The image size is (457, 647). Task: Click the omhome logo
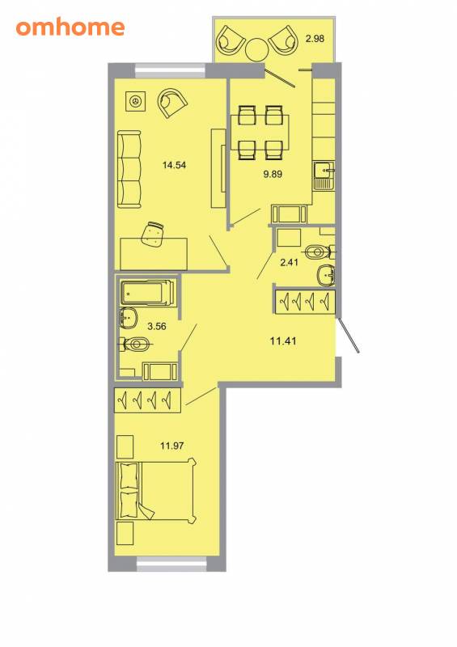70,27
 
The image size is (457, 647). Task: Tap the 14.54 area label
174,166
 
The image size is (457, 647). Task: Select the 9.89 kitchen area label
273,174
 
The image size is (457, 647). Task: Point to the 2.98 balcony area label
315,39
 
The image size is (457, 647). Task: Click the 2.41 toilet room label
289,262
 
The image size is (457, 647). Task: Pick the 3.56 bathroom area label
157,327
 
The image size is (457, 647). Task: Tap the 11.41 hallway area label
283,341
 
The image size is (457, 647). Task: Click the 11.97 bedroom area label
171,446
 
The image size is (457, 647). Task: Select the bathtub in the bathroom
146,293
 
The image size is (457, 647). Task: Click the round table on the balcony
257,49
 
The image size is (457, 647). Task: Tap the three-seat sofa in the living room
129,169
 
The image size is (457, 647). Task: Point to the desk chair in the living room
152,234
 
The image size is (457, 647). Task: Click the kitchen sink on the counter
324,175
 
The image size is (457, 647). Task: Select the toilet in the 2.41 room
321,252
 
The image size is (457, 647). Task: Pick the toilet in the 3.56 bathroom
134,344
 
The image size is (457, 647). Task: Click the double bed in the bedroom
156,491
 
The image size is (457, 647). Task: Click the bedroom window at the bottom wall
171,564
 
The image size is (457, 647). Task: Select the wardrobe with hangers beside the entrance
305,301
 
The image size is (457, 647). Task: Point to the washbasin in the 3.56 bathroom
129,318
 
